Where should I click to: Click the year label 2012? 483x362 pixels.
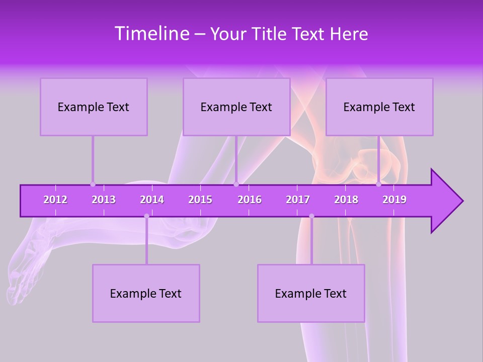55,200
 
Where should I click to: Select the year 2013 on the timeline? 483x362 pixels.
104,200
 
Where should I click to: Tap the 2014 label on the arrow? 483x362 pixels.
152,200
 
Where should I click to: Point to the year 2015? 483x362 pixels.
200,200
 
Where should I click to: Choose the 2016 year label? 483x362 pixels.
250,200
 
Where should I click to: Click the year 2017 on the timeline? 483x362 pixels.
298,200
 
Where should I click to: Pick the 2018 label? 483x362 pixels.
346,200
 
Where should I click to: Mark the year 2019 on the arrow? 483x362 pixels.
394,200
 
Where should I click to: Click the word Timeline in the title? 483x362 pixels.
151,34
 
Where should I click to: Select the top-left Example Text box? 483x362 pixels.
94,107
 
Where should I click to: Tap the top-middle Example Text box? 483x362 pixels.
236,107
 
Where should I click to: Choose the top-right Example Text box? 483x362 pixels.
379,107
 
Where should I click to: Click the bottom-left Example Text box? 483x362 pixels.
146,293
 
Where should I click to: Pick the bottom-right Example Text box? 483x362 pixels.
311,293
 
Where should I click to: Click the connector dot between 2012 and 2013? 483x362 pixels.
93,184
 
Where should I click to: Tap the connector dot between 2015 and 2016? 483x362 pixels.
236,184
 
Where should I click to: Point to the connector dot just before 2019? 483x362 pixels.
379,184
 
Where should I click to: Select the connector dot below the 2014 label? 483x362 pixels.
146,216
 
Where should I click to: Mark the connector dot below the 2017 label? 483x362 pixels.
311,216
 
